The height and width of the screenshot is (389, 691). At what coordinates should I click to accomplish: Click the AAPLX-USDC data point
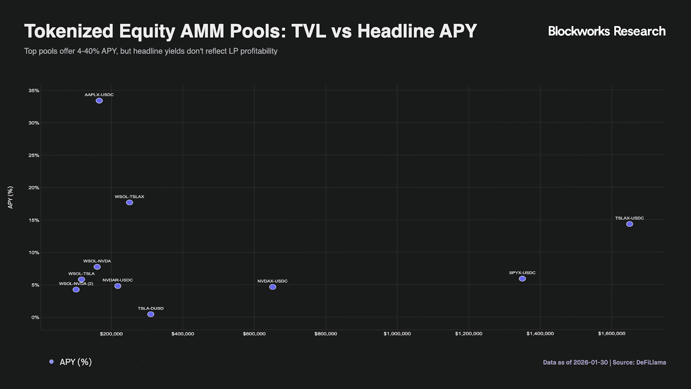(x=99, y=101)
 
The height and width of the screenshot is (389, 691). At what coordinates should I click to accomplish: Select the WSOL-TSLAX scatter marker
(x=130, y=203)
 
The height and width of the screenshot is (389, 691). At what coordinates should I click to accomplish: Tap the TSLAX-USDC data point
(x=630, y=224)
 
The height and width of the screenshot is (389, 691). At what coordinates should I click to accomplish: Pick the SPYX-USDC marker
(x=522, y=278)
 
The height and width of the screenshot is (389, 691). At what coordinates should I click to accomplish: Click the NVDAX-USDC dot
(x=273, y=287)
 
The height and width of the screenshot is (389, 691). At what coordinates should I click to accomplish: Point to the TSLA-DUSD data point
(x=151, y=314)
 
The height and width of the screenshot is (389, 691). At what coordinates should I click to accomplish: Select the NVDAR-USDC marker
(x=117, y=286)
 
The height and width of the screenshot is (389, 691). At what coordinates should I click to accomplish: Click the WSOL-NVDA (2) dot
(x=76, y=289)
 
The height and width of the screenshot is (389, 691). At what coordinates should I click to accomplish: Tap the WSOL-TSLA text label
(x=82, y=274)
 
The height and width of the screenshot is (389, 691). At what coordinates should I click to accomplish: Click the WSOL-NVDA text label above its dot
(x=97, y=261)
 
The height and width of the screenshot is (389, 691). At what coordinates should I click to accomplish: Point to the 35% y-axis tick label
(x=34, y=90)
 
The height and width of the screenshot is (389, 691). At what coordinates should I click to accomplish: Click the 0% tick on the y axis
(x=35, y=317)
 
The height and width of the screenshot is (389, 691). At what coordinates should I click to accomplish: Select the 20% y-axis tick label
(x=34, y=188)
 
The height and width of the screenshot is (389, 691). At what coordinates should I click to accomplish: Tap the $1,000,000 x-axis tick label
(x=397, y=334)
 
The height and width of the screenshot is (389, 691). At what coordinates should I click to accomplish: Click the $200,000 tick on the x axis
(x=111, y=334)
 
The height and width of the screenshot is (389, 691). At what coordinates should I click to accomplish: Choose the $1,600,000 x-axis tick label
(x=612, y=334)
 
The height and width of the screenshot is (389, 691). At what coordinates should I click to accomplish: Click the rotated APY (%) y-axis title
(x=10, y=198)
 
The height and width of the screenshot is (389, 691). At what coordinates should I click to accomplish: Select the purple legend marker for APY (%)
(x=51, y=361)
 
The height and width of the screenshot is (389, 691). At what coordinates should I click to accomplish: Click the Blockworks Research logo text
(x=607, y=31)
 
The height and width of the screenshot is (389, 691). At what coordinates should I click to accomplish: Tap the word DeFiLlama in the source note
(x=651, y=363)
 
